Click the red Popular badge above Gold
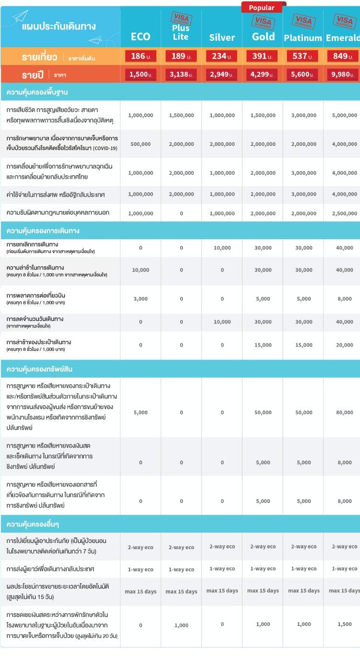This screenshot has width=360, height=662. (262, 8)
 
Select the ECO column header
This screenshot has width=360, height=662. (141, 37)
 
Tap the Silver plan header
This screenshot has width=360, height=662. (222, 37)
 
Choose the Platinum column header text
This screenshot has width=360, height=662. (303, 38)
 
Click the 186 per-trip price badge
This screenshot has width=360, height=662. (141, 56)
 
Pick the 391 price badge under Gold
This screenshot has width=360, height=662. (263, 56)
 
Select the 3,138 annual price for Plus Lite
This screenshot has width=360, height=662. (181, 75)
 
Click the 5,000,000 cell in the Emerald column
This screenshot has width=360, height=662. (344, 116)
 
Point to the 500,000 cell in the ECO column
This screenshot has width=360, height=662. (141, 144)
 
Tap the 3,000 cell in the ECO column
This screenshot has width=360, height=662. (141, 299)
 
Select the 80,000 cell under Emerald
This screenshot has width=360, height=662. (345, 413)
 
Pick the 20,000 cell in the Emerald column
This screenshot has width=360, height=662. (345, 345)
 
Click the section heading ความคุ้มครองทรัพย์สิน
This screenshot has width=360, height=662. (39, 369)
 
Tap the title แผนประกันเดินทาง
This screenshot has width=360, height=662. (59, 26)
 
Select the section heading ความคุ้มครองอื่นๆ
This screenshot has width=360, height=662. (36, 523)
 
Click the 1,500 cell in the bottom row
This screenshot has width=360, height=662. (345, 625)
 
